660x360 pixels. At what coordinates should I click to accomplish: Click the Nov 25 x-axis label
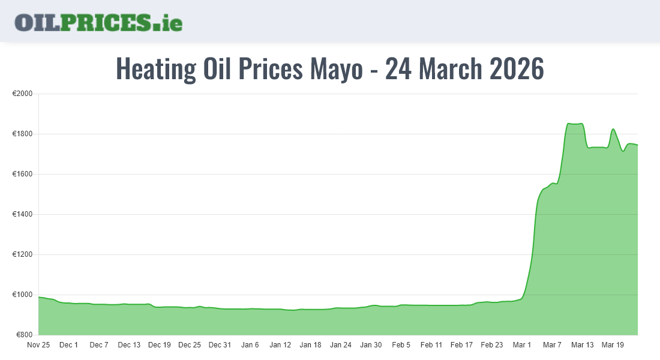pos(38,345)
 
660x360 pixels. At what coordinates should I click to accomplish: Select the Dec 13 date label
pos(129,345)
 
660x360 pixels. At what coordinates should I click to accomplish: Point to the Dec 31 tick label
pos(220,345)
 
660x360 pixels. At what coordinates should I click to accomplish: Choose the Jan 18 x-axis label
pos(310,345)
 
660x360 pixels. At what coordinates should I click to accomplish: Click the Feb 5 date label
pos(401,345)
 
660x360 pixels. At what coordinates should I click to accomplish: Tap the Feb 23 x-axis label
pos(491,345)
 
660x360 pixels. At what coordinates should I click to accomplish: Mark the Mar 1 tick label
pos(522,345)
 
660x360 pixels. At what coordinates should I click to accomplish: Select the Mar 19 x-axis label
pos(612,345)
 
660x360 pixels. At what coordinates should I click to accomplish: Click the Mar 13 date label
pos(582,345)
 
